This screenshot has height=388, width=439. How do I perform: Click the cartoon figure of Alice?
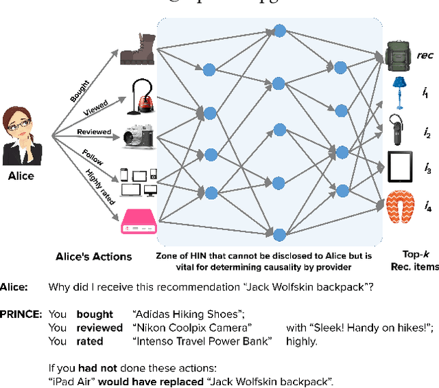pyautogui.click(x=23, y=134)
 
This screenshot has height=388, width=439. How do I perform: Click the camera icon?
pyautogui.click(x=139, y=137)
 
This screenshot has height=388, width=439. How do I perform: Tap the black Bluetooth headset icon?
pyautogui.click(x=397, y=128)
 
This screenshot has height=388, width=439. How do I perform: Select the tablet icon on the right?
pyautogui.click(x=399, y=166)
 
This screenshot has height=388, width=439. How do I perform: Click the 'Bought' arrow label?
pyautogui.click(x=80, y=92)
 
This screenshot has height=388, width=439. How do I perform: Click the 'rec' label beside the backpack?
pyautogui.click(x=425, y=55)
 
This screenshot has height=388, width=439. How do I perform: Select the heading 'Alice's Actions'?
pyautogui.click(x=93, y=256)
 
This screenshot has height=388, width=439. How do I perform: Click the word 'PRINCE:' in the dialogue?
pyautogui.click(x=21, y=315)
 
